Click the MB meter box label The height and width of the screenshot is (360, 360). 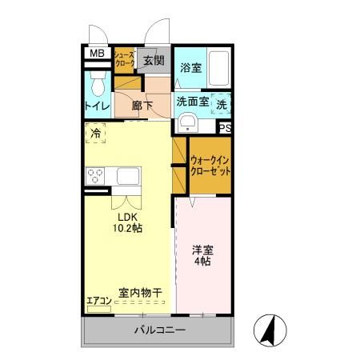coord(97,54)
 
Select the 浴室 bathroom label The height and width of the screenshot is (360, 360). coord(190,68)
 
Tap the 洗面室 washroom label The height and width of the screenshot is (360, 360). coord(192,102)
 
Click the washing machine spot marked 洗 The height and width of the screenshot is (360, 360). coord(222,103)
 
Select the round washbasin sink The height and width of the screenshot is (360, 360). coord(188,122)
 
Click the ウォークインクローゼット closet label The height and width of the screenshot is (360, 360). coord(211,166)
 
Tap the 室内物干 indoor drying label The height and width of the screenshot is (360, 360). coord(140,294)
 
